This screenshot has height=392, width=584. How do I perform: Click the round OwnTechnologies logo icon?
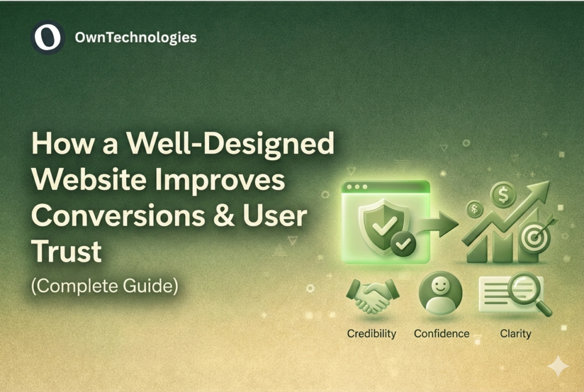pyautogui.click(x=47, y=38)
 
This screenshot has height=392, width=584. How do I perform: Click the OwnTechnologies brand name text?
pyautogui.click(x=136, y=38)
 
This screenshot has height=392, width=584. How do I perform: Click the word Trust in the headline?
pyautogui.click(x=66, y=252)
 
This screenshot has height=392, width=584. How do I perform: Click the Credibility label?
pyautogui.click(x=371, y=333)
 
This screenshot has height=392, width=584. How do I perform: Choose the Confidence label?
pyautogui.click(x=441, y=333)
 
